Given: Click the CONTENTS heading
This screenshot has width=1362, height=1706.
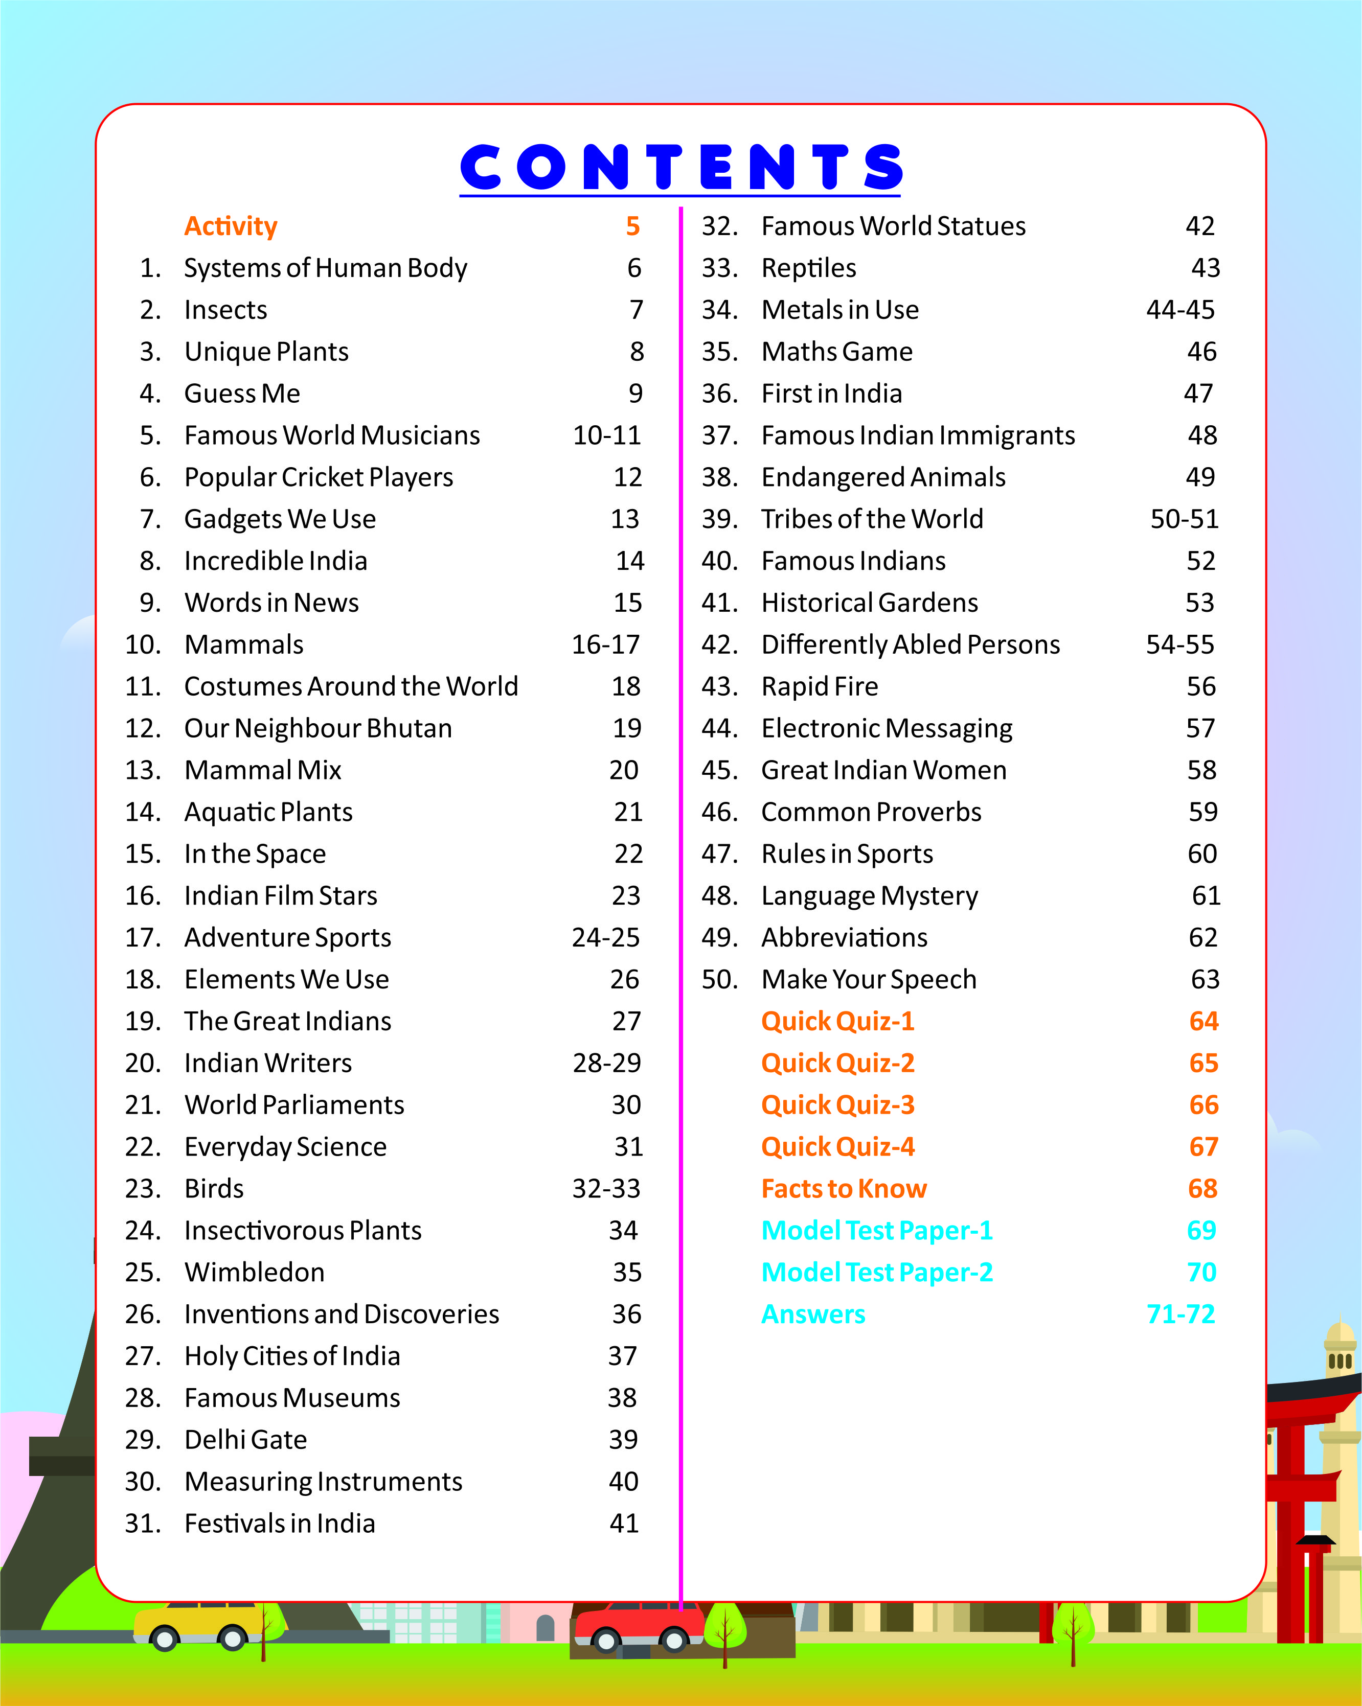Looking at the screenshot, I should tap(680, 168).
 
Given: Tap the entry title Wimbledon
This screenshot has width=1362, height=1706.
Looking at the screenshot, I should tap(254, 1273).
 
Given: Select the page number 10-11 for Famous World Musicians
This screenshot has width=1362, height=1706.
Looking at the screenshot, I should tap(606, 435).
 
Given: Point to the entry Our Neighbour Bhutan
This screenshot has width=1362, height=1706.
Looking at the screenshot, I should tap(318, 728).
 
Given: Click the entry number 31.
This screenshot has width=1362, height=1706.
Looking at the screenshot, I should tap(143, 1523).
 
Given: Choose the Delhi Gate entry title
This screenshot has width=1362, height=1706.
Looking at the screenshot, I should tap(245, 1439).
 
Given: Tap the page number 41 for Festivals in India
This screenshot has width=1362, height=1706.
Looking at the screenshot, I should tap(624, 1523).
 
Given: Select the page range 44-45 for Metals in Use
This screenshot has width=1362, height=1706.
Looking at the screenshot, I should tap(1180, 309).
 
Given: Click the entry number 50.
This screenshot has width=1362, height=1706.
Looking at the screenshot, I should tap(719, 980).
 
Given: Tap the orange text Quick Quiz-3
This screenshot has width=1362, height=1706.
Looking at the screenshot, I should tap(837, 1104).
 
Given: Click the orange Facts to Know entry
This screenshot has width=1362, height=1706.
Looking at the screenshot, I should tap(844, 1188).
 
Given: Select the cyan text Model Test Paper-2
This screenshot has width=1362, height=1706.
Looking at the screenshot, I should tap(876, 1273).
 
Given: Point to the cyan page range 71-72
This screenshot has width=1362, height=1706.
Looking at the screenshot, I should tap(1180, 1315).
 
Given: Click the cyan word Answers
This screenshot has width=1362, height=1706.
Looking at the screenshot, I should tap(813, 1315).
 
